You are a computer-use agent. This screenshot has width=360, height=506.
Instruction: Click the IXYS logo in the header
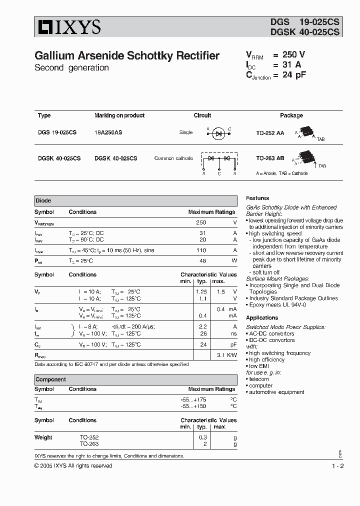point(68,27)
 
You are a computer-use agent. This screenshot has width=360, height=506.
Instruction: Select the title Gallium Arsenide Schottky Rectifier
point(127,56)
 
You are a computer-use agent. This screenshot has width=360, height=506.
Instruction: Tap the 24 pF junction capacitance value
point(293,75)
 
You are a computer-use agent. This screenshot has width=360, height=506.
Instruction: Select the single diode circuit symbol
point(218,132)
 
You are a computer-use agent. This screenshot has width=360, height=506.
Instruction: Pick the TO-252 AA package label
point(270,132)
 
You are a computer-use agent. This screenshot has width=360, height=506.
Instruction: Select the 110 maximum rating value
point(201,249)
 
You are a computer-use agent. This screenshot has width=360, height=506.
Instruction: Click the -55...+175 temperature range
point(193,399)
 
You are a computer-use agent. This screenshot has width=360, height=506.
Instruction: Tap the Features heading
point(257,198)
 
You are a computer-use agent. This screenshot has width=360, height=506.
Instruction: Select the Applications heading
point(262,317)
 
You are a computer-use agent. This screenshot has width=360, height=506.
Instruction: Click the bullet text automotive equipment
point(272,392)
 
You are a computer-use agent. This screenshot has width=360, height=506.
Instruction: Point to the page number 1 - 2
point(337,465)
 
